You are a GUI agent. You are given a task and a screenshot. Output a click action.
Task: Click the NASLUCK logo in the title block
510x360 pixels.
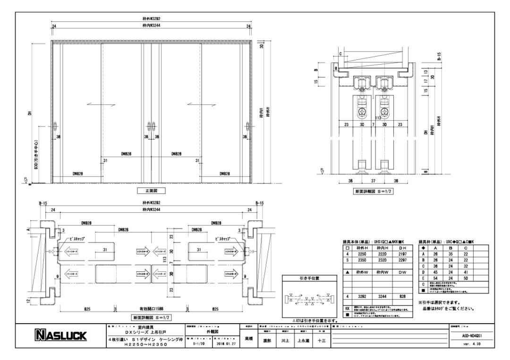[x=59, y=336]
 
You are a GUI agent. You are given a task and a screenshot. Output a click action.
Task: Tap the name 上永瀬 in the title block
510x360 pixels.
[x=302, y=339]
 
